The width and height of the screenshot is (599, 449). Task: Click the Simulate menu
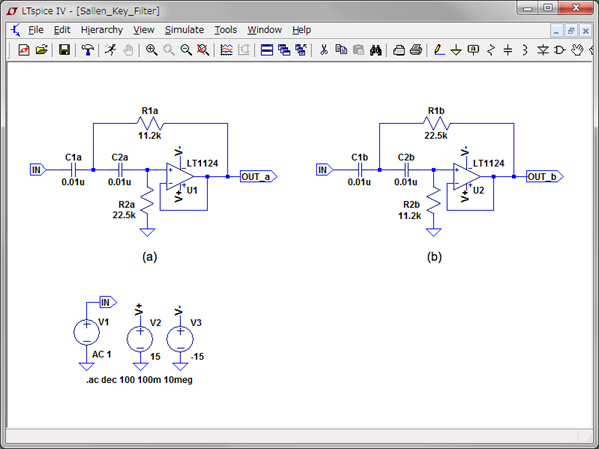[184, 30]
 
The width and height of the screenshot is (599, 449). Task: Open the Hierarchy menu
[102, 30]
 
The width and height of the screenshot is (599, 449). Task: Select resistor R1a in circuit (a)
[150, 123]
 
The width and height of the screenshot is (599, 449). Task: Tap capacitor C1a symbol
[73, 170]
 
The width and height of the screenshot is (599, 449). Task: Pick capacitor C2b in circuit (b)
[406, 170]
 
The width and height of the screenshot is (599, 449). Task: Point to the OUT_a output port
[258, 177]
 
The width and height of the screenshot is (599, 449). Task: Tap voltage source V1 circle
[83, 333]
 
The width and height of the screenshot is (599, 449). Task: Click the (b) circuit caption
[435, 256]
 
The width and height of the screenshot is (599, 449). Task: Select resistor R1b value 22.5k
[436, 136]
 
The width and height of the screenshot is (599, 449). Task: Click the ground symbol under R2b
[433, 231]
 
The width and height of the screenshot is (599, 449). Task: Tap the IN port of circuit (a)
[38, 170]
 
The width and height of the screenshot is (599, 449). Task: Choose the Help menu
[301, 30]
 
